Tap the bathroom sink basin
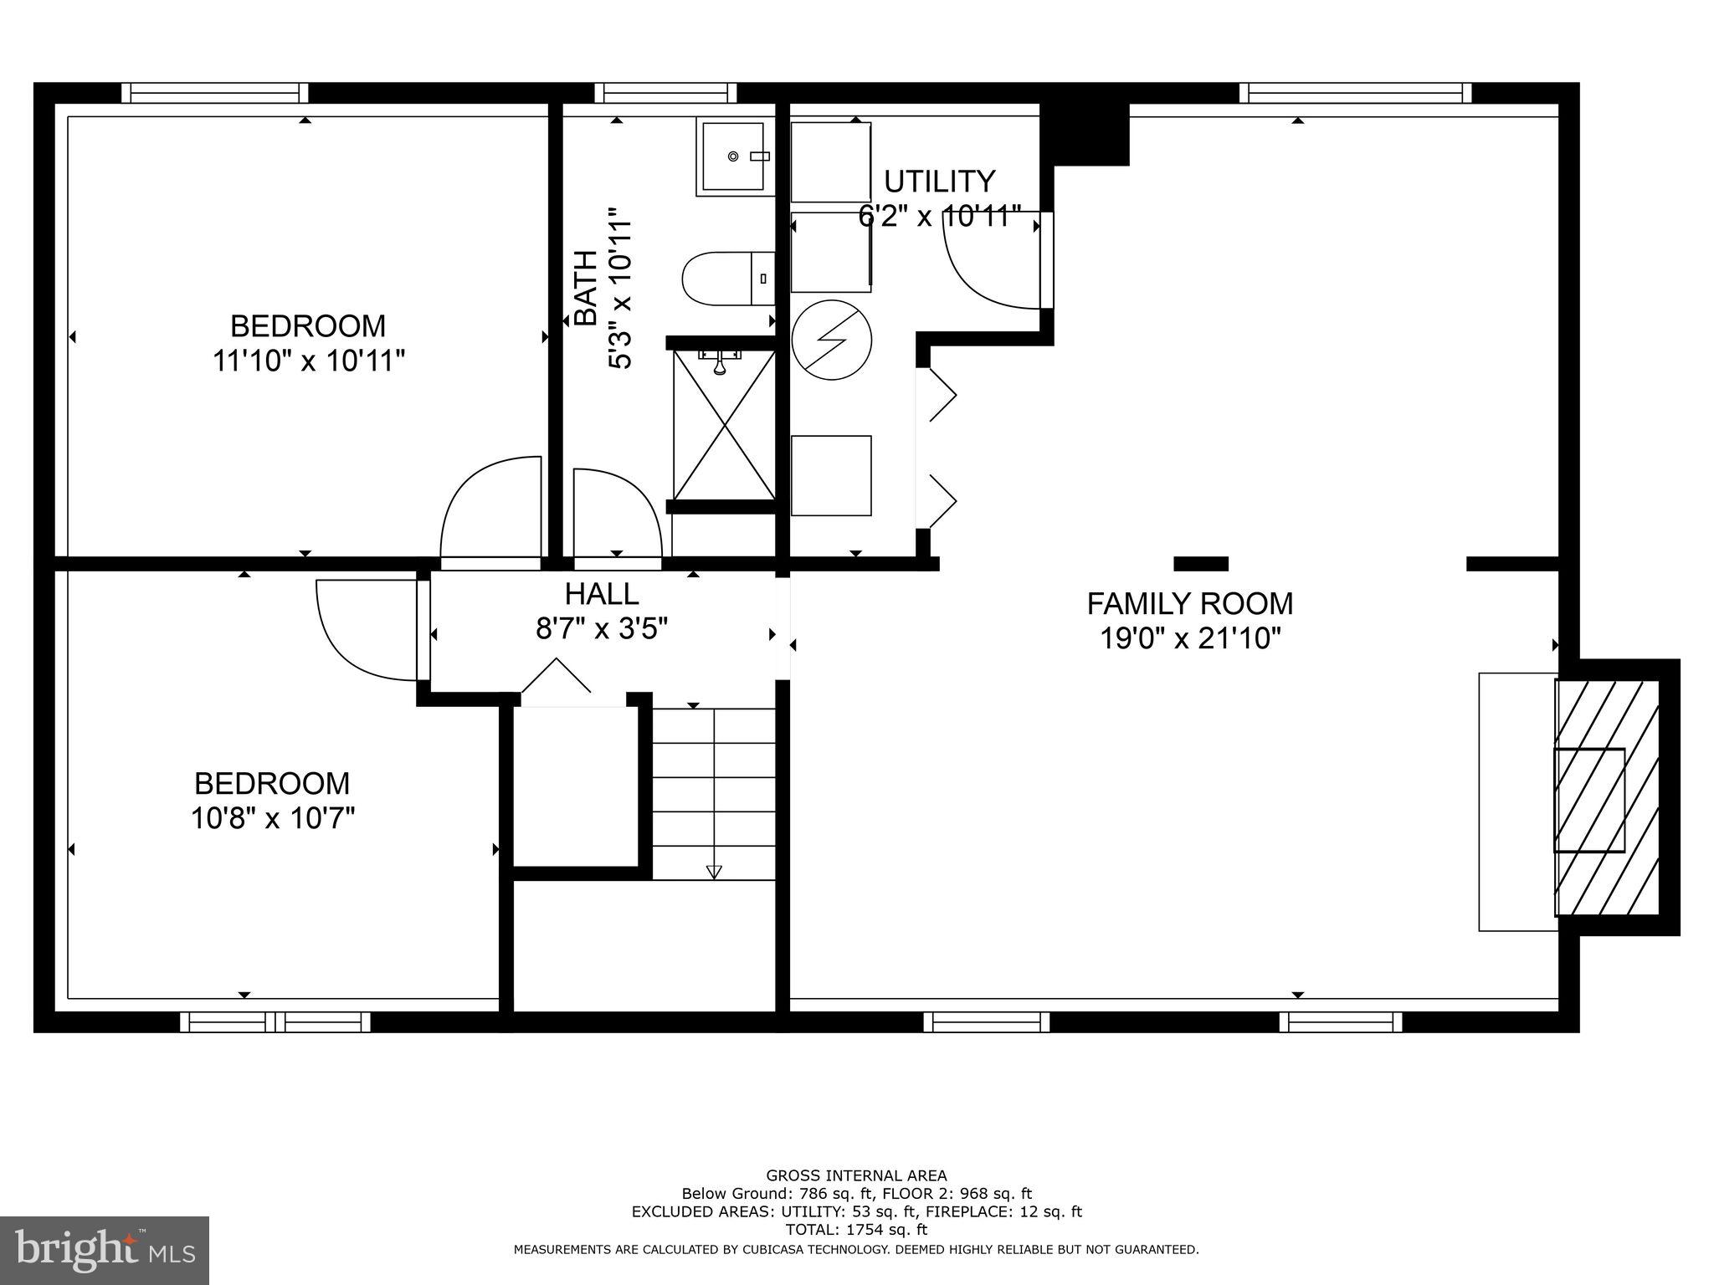(x=733, y=156)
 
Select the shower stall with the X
(x=724, y=424)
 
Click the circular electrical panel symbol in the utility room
(x=832, y=340)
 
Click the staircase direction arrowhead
(x=714, y=872)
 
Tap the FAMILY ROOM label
(x=1189, y=602)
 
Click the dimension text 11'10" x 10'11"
(x=309, y=361)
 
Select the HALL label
(x=602, y=593)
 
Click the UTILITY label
(x=939, y=181)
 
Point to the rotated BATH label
(x=585, y=288)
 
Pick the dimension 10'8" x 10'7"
(x=273, y=817)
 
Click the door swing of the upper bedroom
(x=490, y=505)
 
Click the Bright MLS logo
(x=105, y=1250)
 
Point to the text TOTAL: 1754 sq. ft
(x=856, y=1230)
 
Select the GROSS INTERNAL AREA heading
(x=856, y=1175)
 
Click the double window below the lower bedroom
(x=275, y=1021)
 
